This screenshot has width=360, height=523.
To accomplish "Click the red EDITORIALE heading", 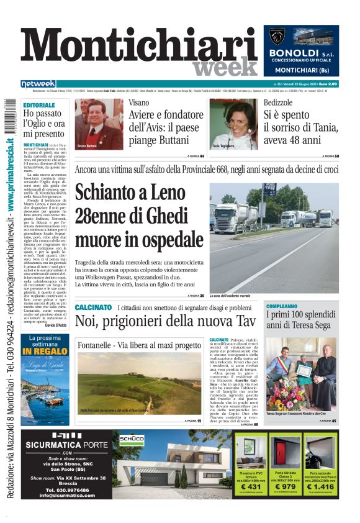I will point(39,106).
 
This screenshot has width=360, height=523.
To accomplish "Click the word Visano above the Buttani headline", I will point(139,102).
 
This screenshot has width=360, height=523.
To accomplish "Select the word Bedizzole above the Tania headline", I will point(277,102).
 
